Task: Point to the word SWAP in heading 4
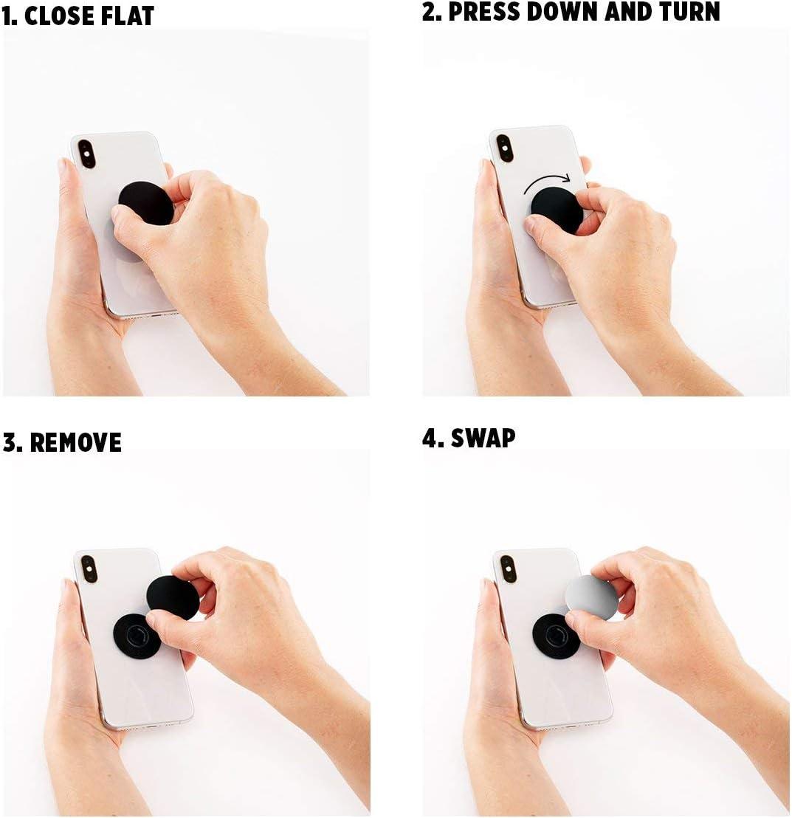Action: (483, 438)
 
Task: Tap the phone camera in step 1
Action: (86, 154)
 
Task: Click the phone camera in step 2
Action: (505, 148)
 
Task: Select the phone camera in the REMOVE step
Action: (89, 568)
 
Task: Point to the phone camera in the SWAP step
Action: (509, 568)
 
